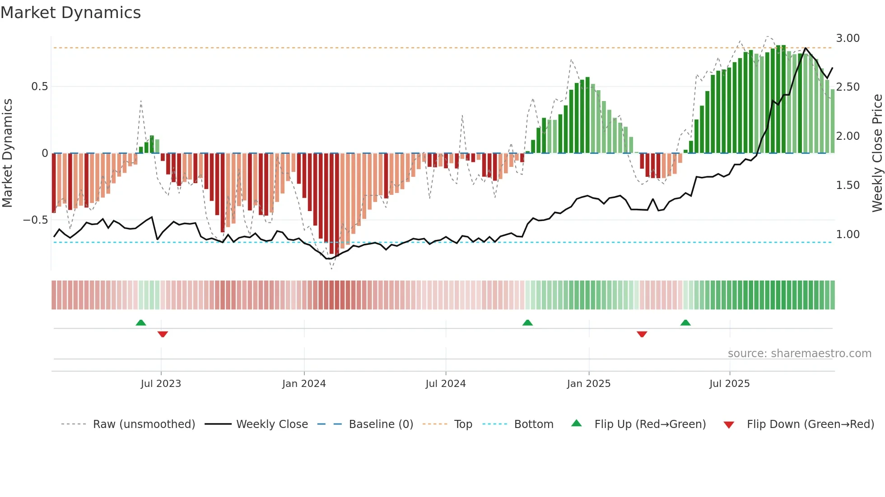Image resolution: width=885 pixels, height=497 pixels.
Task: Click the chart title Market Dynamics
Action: [x=71, y=13]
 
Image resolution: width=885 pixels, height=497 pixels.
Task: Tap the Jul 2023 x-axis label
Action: [x=161, y=384]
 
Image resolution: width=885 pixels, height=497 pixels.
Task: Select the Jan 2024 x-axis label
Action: [x=304, y=384]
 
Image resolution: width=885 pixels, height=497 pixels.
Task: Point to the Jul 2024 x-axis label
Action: [x=445, y=384]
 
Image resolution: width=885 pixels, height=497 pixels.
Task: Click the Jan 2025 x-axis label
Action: [x=589, y=384]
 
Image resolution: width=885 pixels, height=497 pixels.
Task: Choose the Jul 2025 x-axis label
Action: [x=729, y=384]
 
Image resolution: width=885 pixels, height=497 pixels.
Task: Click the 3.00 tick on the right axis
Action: [x=848, y=38]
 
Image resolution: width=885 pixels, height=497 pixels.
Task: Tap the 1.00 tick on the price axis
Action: [x=848, y=235]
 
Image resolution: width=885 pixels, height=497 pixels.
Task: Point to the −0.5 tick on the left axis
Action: [x=36, y=220]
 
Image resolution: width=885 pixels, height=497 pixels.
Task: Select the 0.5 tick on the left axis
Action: [x=39, y=87]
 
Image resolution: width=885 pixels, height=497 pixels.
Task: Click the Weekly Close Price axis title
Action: [x=877, y=153]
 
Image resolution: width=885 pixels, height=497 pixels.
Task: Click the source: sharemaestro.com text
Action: [x=799, y=354]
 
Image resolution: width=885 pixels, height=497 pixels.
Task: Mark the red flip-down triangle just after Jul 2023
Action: [x=163, y=334]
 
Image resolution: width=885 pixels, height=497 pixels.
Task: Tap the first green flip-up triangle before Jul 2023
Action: [x=141, y=322]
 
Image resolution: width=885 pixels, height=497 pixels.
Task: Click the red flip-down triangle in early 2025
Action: [x=642, y=334]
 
